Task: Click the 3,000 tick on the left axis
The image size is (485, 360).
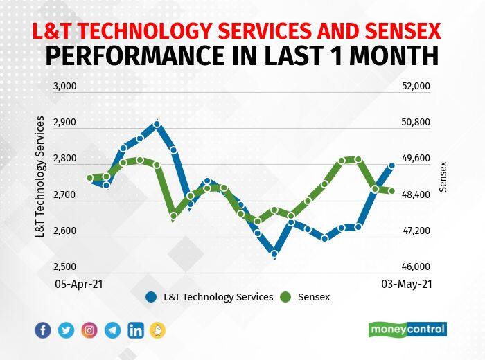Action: [64, 87]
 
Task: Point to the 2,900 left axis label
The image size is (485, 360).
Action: [64, 123]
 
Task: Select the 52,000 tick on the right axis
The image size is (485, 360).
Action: [416, 87]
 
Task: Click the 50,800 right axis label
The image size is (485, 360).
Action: [416, 123]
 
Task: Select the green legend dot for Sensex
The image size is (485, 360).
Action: [285, 298]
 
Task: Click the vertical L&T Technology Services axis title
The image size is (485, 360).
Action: [39, 177]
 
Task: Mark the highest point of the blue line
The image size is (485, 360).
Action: [157, 124]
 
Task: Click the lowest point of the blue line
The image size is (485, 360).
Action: [274, 254]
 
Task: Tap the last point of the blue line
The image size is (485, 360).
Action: [391, 165]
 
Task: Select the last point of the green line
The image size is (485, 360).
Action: [391, 191]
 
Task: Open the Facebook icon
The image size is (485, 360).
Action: [43, 330]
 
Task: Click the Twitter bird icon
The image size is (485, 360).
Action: [67, 330]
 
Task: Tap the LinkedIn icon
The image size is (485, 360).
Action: [136, 330]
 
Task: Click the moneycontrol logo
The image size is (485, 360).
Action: [407, 330]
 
